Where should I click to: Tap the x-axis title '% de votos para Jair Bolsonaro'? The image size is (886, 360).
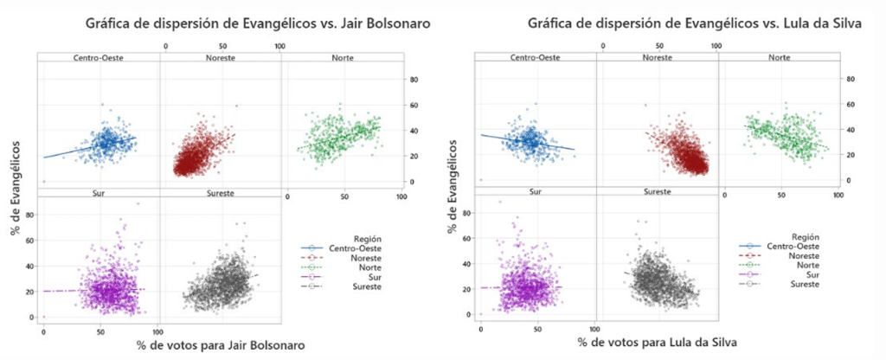221,345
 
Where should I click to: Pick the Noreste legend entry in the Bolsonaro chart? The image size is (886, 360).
346,256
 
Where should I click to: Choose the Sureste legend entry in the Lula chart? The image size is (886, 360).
784,285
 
